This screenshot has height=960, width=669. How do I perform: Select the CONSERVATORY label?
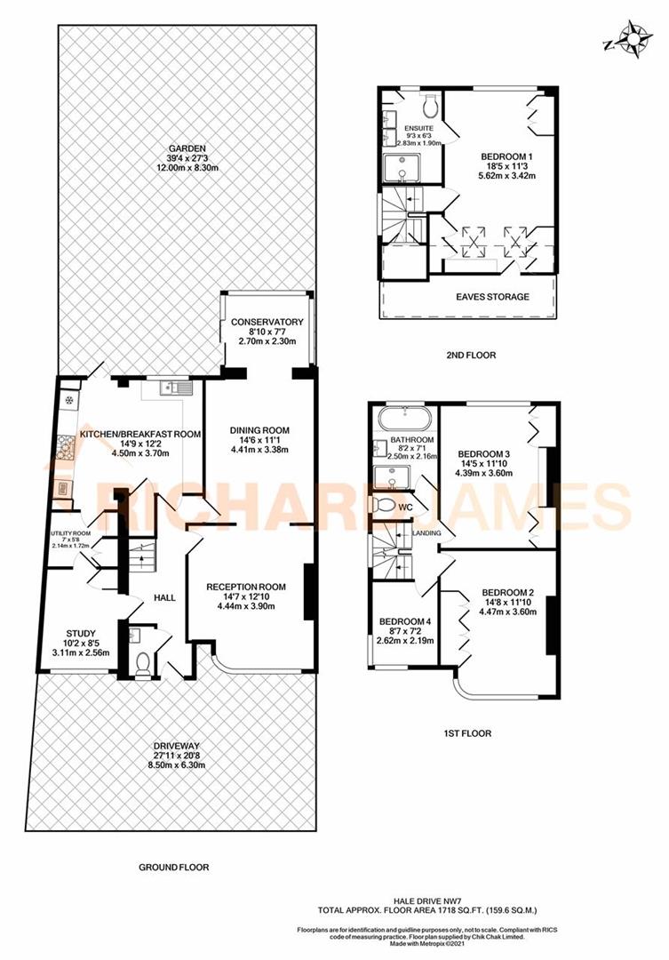[267, 322]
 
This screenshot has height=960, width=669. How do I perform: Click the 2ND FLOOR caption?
[471, 356]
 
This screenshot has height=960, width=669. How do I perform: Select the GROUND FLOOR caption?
[174, 867]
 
